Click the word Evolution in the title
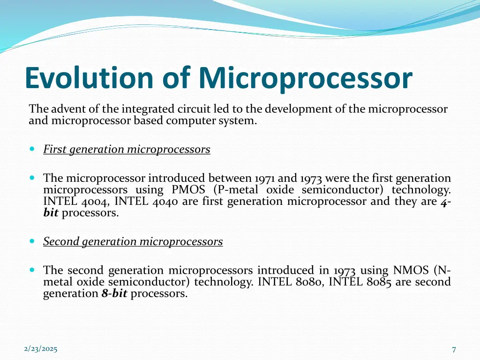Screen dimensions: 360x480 89,78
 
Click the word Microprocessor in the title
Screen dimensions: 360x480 305,79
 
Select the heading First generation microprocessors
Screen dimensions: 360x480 127,150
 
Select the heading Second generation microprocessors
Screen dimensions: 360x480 133,242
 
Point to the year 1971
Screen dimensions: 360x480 265,179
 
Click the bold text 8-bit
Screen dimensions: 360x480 114,294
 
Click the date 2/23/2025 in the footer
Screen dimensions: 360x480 40,349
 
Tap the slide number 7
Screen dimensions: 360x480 454,349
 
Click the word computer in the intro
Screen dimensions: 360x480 193,120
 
